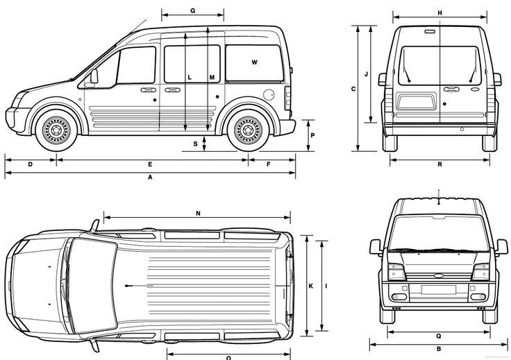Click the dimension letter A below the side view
pyautogui.click(x=150, y=178)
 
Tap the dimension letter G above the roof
pyautogui.click(x=192, y=11)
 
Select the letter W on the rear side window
pyautogui.click(x=255, y=63)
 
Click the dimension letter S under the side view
pyautogui.click(x=196, y=144)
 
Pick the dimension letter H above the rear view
pyautogui.click(x=439, y=12)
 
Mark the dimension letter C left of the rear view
pyautogui.click(x=353, y=89)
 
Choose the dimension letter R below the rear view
pyautogui.click(x=440, y=164)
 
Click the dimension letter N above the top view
pyautogui.click(x=198, y=213)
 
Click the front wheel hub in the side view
pyautogui.click(x=53, y=128)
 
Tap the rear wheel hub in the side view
pyautogui.click(x=246, y=128)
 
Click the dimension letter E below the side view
pyautogui.click(x=150, y=164)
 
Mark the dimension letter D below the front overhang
pyautogui.click(x=30, y=164)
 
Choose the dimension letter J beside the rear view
pyautogui.click(x=366, y=72)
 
